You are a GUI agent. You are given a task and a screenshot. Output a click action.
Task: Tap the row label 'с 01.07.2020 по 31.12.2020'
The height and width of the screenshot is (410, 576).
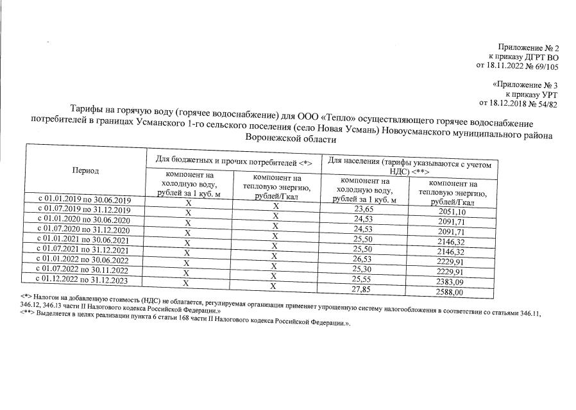click(x=84, y=229)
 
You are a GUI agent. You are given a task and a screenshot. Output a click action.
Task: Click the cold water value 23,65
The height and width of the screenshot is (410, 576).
click(x=364, y=209)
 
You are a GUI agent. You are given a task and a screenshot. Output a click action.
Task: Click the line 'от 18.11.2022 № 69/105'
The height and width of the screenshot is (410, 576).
click(x=517, y=65)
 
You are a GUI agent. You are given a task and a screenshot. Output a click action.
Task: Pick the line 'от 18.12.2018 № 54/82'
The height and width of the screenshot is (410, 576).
click(x=519, y=102)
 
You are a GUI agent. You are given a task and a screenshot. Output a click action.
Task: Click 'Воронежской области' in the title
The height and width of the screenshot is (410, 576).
click(x=291, y=138)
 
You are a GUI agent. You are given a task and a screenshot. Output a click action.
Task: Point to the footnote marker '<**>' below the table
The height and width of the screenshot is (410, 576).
click(x=27, y=314)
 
